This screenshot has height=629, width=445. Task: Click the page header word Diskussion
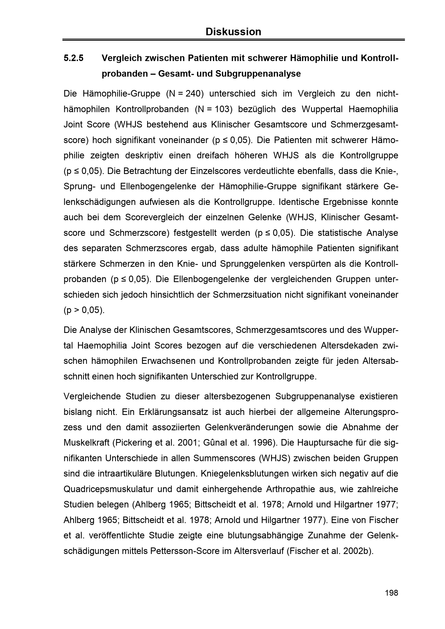pos(233,32)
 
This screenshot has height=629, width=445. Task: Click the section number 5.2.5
pos(73,58)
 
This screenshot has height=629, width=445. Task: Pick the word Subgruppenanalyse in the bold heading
pos(258,74)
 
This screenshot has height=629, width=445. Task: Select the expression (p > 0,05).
pos(84,310)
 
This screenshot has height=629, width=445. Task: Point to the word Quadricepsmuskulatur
pos(108,489)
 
